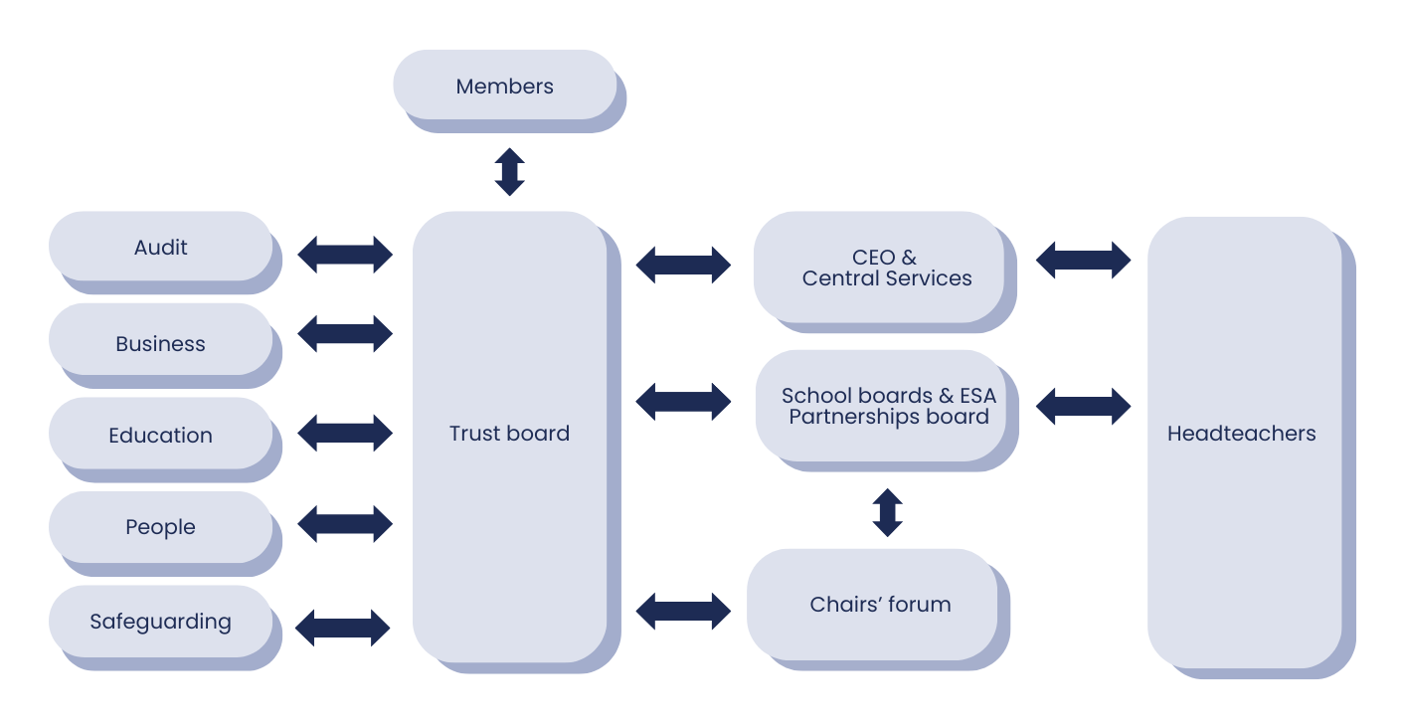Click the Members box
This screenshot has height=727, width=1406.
pos(505,87)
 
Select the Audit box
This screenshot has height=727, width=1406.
pos(160,248)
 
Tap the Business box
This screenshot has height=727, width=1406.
pos(160,344)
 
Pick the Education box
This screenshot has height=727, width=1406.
pos(160,436)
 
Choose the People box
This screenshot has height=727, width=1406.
pos(160,527)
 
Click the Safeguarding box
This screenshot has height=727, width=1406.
pos(160,622)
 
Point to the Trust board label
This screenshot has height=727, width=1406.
pos(509,434)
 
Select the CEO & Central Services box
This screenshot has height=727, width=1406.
pos(886,269)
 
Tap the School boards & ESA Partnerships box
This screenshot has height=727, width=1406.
pos(888,407)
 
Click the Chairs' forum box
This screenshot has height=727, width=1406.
pos(880,604)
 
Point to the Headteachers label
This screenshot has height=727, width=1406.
pos(1241,434)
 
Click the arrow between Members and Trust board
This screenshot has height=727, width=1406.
pos(509,172)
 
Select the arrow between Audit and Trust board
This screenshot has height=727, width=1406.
pos(345,255)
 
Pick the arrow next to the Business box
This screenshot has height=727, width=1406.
pos(345,334)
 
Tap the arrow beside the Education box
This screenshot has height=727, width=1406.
pos(345,433)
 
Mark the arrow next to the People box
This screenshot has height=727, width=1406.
pos(345,524)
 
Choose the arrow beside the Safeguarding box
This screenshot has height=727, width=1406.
pos(343,628)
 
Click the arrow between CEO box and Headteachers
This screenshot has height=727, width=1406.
pos(1083,260)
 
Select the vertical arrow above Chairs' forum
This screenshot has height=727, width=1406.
pos(887,512)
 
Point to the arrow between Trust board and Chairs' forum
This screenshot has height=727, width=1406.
pos(683,611)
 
